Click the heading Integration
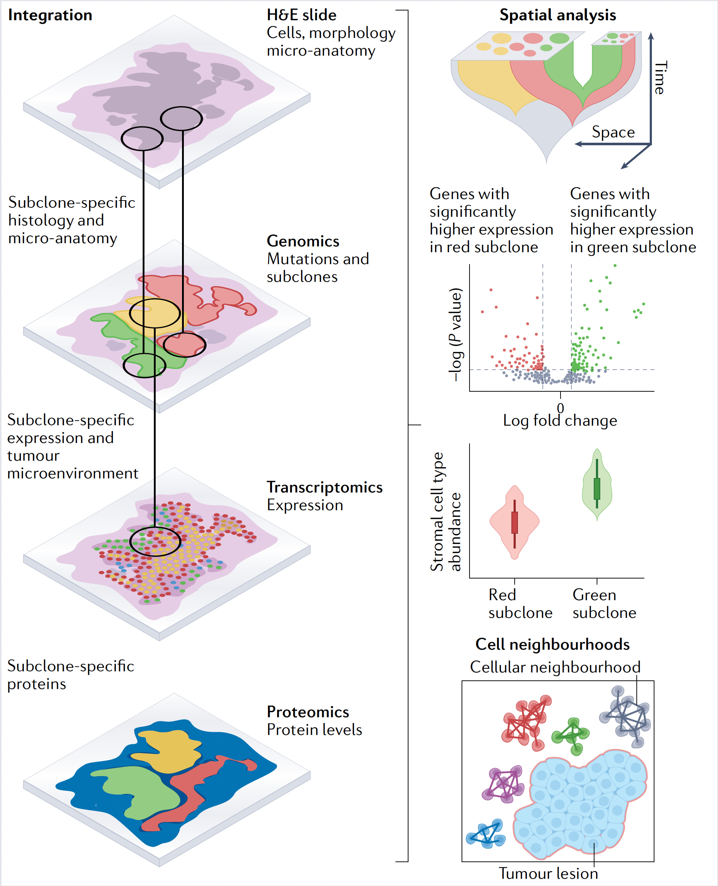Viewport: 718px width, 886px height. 50,15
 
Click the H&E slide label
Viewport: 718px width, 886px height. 302,15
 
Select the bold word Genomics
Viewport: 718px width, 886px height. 303,241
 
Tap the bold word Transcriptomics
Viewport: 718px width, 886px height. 324,487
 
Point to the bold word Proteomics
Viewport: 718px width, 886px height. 308,712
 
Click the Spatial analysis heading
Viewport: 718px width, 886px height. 558,15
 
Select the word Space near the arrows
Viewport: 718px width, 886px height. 613,132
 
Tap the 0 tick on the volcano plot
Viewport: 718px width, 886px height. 561,408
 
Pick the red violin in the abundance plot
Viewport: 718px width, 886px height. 515,522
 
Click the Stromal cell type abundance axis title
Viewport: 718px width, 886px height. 446,512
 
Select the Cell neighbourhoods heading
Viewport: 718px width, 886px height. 552,644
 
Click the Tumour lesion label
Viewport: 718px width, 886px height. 548,873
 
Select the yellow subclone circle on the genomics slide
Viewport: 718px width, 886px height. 154,313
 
